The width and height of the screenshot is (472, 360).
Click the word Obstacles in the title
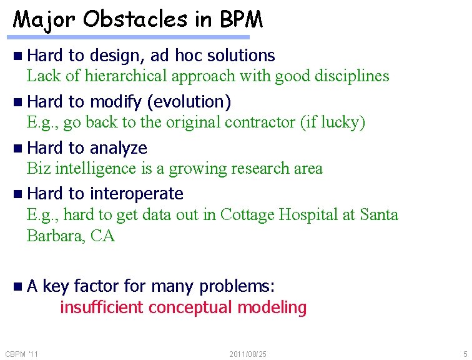(x=134, y=19)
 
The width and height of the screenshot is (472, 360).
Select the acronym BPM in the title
(x=241, y=19)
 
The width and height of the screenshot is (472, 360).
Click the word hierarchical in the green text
(x=125, y=76)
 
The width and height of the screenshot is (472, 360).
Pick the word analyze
(x=118, y=148)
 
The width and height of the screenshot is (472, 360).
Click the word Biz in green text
(x=39, y=168)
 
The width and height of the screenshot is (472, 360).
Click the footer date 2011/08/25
(x=248, y=354)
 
